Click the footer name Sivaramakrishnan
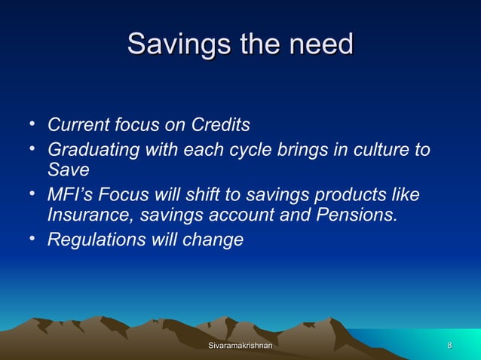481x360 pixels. (240, 345)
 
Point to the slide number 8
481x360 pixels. (450, 345)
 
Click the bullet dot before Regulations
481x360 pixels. (33, 239)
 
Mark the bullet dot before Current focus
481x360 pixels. (33, 122)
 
